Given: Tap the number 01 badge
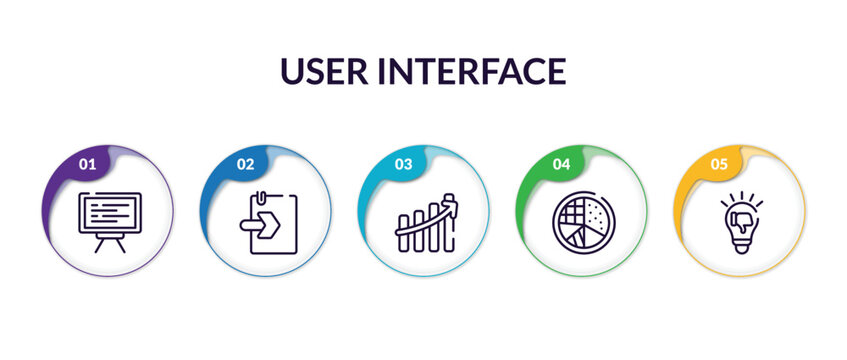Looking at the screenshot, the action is pos(87,163).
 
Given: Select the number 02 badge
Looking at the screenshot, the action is pos(245,163).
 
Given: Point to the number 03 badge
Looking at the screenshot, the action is pos(403,163).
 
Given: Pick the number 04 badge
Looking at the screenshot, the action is pos(561,163).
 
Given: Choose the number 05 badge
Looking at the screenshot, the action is pos(719,163).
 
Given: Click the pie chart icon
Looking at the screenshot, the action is pos(582,220).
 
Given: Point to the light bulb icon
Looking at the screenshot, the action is pos(740,222).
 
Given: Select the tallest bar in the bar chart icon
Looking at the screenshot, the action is pos(451,220).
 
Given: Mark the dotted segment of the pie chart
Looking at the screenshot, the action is pos(594,213).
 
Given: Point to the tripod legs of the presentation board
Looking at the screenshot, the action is pos(110,244).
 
